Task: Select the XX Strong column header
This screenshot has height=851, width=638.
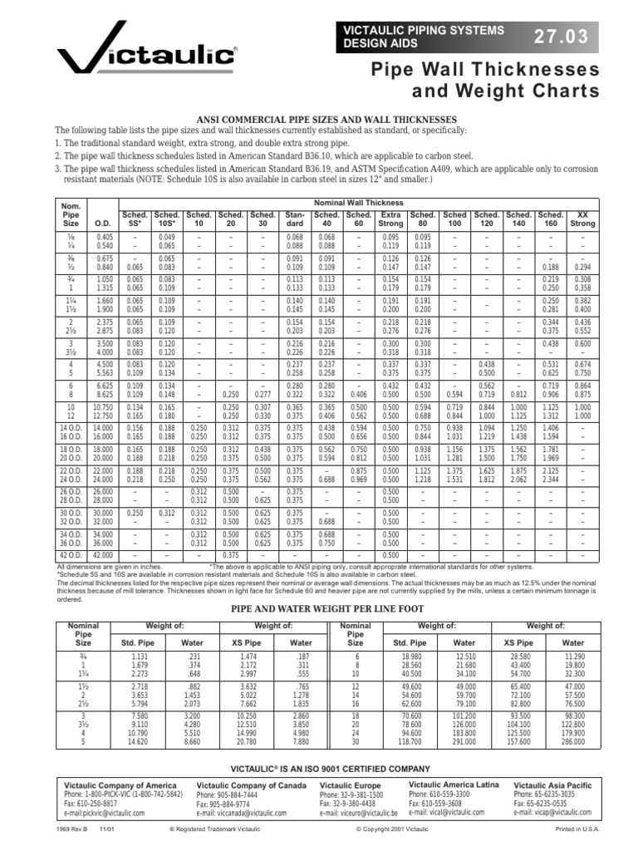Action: coord(583,219)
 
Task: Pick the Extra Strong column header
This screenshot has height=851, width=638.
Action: coord(390,219)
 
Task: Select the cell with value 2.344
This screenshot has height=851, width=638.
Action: coord(551,480)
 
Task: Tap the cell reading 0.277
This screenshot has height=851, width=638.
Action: coord(263,392)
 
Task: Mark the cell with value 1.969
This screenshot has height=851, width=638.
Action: coord(551,457)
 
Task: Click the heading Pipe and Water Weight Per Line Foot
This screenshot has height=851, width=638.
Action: coord(318,609)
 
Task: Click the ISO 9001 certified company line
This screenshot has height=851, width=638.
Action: coord(319,768)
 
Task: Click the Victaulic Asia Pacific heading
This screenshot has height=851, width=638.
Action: coord(552,785)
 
